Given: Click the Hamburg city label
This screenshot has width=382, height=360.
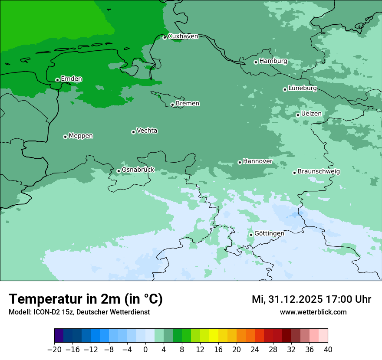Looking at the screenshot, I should point(273,61).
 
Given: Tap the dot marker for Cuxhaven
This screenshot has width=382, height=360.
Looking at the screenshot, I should point(165,38).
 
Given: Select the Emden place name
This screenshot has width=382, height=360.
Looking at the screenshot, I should point(71,79).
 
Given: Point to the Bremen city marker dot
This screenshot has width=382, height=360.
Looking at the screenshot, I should point(172,105).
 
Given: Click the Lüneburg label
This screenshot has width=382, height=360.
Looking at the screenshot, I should point(302,88).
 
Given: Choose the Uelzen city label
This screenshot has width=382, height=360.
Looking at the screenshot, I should point(311,114).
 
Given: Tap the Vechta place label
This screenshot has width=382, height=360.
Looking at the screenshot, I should point(147,131).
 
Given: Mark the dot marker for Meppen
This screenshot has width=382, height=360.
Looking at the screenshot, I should point(65,137).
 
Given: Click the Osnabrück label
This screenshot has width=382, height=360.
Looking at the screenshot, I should point(138,170).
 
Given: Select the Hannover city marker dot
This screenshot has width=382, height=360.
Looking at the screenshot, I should point(240,163).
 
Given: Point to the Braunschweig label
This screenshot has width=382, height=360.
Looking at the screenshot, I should point(319,172).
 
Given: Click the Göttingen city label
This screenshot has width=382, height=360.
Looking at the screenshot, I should point(269,234).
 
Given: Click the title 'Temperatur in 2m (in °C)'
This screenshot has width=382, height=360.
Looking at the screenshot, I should point(86,299).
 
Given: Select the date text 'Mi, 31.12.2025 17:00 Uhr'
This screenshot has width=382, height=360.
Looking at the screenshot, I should point(311,300).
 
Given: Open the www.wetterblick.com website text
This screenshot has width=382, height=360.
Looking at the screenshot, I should point(313,312).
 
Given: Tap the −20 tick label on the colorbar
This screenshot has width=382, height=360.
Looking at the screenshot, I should point(55,350).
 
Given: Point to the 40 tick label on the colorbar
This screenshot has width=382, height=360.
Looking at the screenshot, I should point(328,350).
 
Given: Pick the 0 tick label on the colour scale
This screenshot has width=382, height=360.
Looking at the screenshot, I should point(145,350).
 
